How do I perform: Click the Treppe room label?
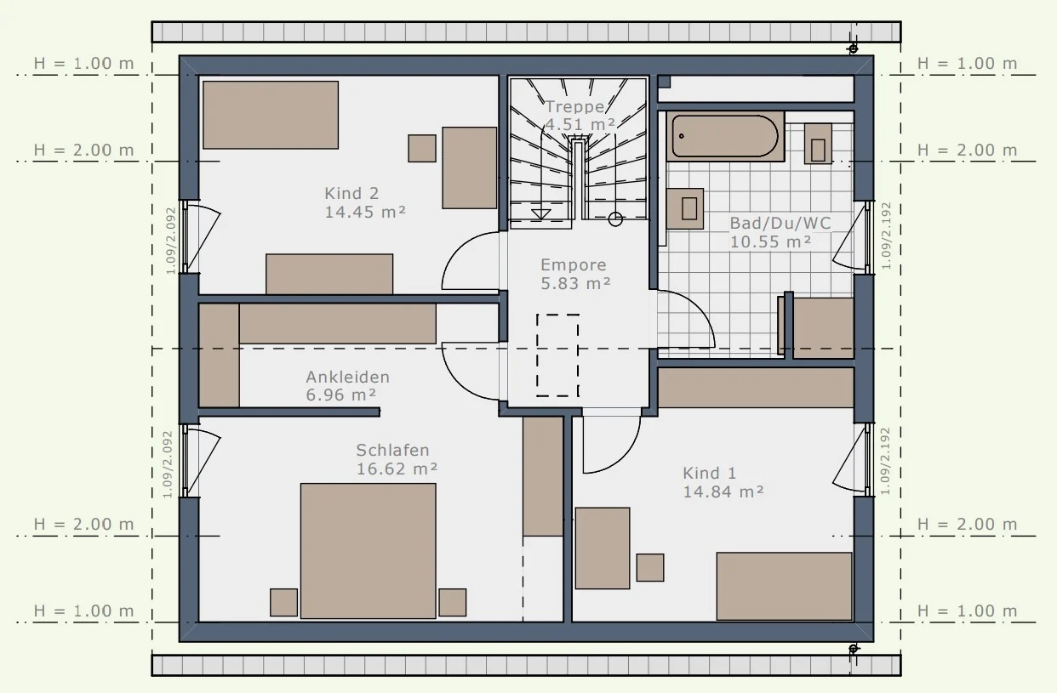(574, 106)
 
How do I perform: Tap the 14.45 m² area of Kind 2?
(365, 212)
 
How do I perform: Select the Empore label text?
(574, 265)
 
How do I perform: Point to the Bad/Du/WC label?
(780, 223)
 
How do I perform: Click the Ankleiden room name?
(348, 378)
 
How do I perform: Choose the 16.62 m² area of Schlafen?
(397, 469)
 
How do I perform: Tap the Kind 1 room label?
(709, 473)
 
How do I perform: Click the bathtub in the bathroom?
(725, 136)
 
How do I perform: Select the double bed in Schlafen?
(368, 551)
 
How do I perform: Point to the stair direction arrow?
(541, 214)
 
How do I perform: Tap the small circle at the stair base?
(615, 219)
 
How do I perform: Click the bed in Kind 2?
(271, 115)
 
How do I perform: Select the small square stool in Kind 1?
(650, 568)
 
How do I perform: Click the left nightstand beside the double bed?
(283, 603)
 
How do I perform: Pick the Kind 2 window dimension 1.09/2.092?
(171, 241)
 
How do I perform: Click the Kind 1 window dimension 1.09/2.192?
(885, 461)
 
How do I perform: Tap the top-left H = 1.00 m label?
(84, 63)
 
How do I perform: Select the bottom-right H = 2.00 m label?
(968, 524)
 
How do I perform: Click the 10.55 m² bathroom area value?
(770, 241)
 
